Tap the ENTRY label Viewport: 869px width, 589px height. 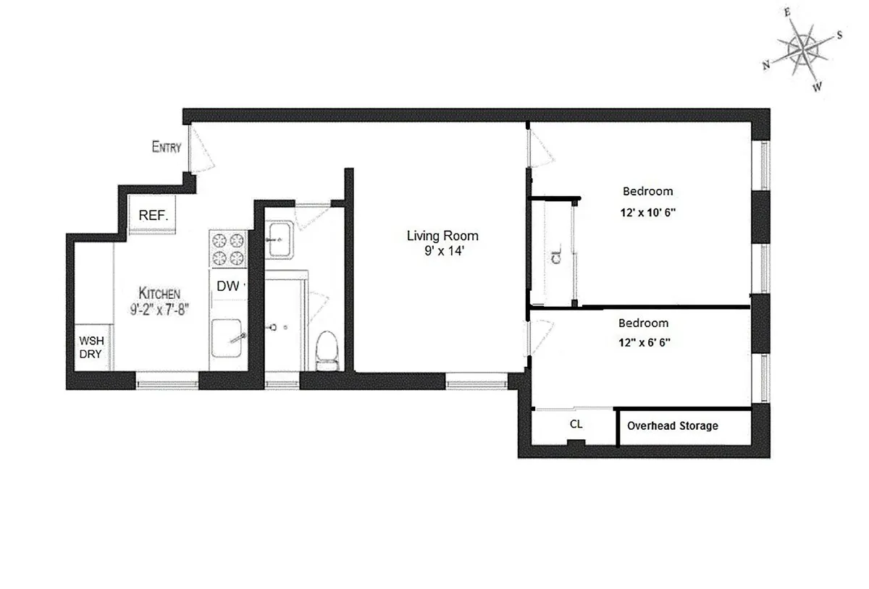[x=166, y=148]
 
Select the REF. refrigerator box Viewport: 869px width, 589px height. [x=153, y=216]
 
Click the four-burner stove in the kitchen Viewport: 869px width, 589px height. [x=228, y=250]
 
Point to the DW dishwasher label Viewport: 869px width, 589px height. [x=228, y=287]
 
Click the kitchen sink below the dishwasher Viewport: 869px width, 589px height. [x=229, y=339]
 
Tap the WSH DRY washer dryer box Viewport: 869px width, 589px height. [x=91, y=347]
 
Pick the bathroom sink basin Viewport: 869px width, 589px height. [x=280, y=239]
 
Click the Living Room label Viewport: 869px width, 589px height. [x=442, y=236]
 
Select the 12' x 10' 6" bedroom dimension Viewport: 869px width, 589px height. [x=647, y=214]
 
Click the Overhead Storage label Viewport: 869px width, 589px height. [x=673, y=425]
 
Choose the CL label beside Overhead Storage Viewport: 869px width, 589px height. [x=576, y=424]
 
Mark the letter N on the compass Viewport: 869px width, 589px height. [x=766, y=64]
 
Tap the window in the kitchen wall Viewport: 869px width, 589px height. [x=167, y=381]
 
